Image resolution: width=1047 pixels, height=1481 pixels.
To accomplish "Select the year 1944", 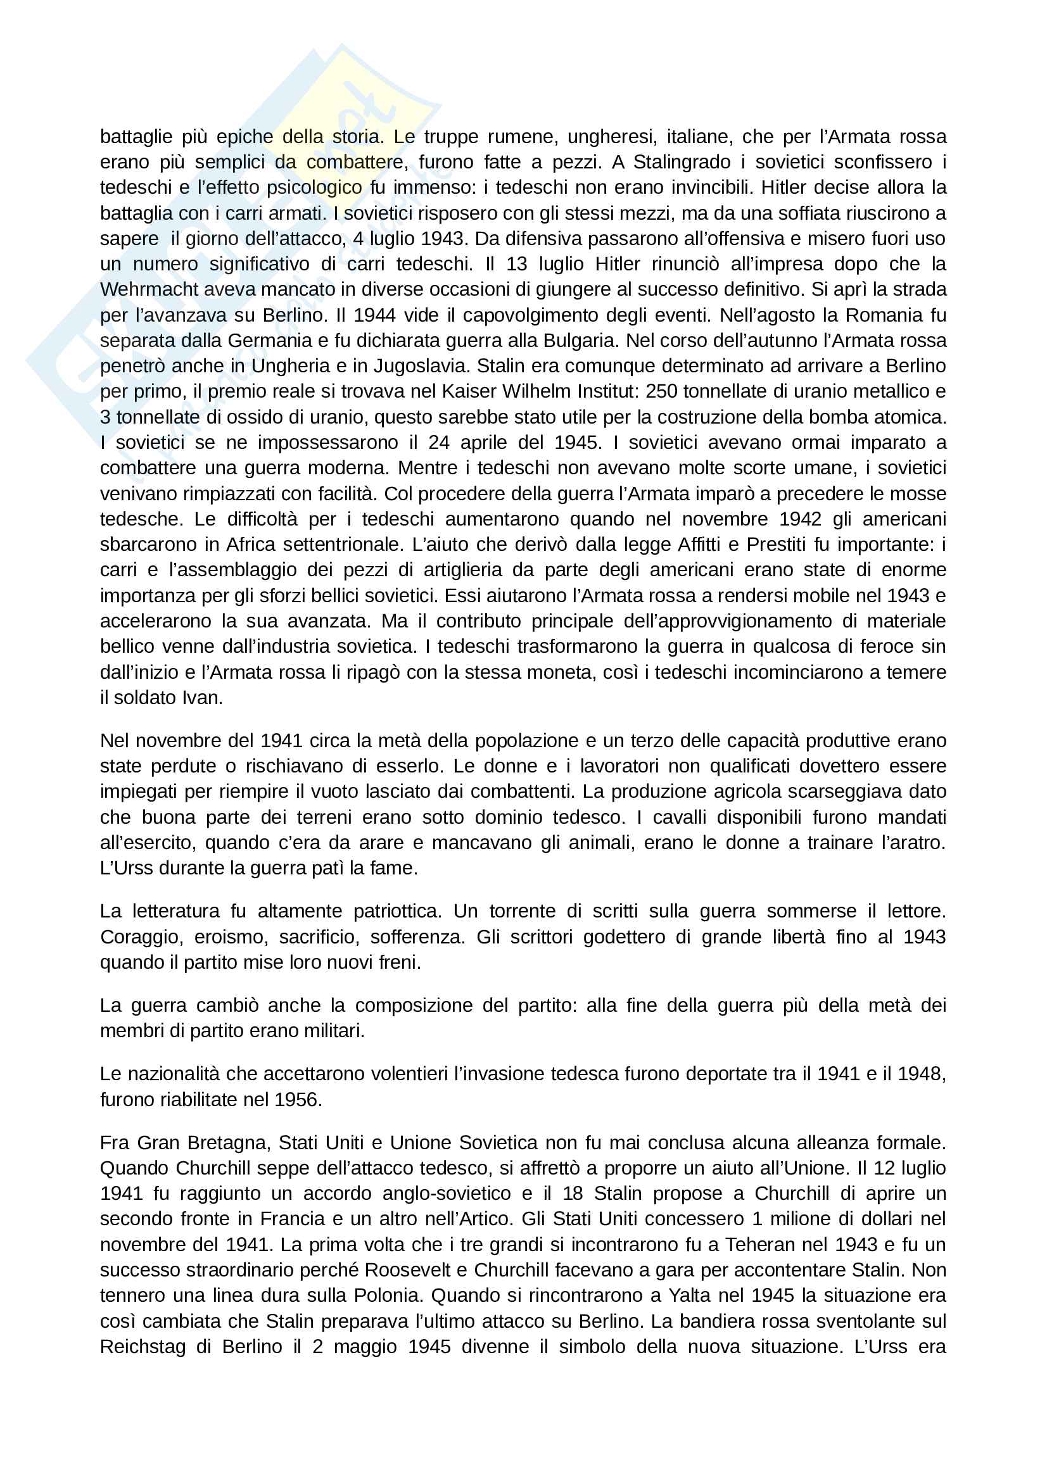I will point(375,315).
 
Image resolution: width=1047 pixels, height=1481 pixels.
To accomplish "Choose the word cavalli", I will point(685,817).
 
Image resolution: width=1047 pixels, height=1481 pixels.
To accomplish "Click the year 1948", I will point(922,1073).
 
